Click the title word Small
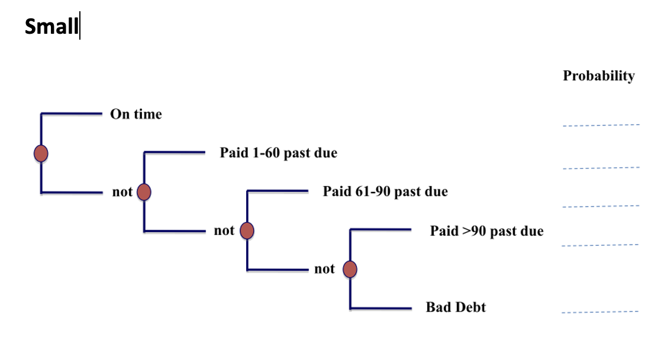[51, 27]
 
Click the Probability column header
[598, 76]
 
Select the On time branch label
[136, 114]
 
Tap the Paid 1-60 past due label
[278, 153]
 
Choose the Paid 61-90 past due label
[385, 191]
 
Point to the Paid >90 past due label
[486, 230]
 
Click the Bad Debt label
[456, 307]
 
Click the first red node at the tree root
[41, 153]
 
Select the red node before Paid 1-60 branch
[144, 192]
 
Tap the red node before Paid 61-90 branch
[247, 230]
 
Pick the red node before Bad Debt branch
[350, 269]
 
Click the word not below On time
[122, 192]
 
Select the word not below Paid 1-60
[224, 230]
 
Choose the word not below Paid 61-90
[324, 269]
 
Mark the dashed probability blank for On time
[601, 125]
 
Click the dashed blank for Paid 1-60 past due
[601, 168]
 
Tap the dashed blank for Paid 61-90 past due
[601, 206]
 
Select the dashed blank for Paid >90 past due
[600, 245]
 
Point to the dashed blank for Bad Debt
[600, 311]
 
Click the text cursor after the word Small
[80, 27]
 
